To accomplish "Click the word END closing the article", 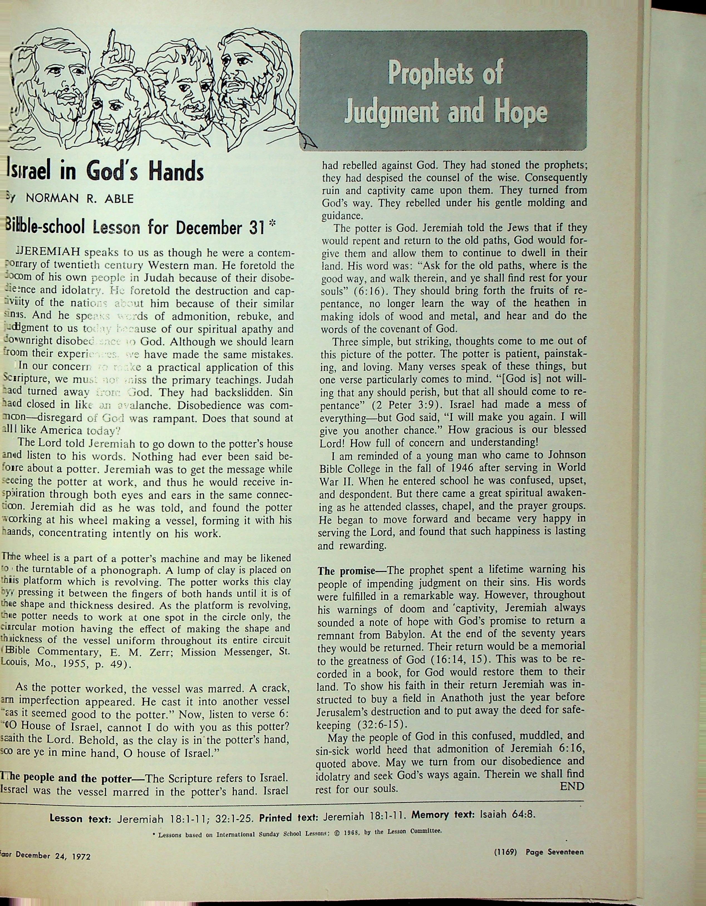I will point(572,786).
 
